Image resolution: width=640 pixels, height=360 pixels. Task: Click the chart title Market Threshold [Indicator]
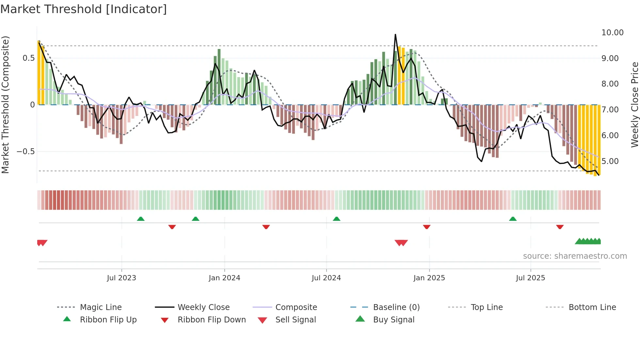[x=84, y=9]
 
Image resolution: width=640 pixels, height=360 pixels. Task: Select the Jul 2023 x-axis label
[x=121, y=278]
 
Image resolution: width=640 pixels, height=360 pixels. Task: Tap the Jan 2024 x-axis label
[x=224, y=278]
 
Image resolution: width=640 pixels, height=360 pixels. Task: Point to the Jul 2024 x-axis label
[x=326, y=278]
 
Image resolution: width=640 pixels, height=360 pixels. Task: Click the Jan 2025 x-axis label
[x=429, y=278]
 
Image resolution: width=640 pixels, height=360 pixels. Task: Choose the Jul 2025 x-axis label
[x=530, y=278]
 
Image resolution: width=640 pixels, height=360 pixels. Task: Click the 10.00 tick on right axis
[x=612, y=33]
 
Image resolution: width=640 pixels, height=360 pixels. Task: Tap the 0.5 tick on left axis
[x=28, y=58]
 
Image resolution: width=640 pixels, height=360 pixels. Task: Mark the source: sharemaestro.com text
[x=575, y=256]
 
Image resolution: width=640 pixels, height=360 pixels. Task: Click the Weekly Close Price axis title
[x=634, y=105]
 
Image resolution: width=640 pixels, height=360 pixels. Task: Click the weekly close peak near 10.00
[x=395, y=34]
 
